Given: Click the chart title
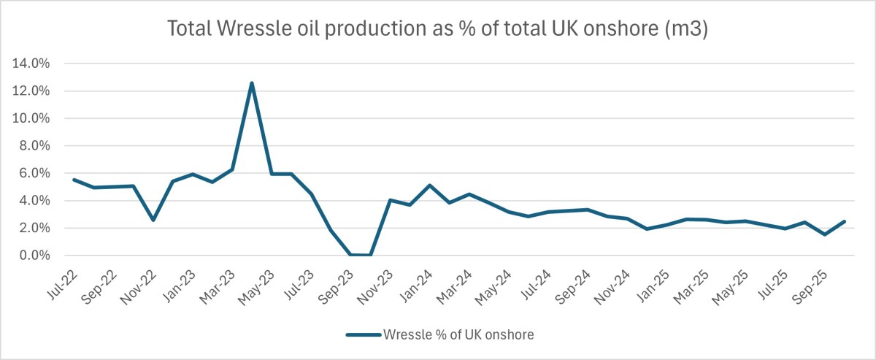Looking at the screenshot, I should tap(438, 29).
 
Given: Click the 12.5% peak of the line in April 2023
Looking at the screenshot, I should tap(252, 83).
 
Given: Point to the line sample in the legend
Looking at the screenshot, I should tap(364, 335).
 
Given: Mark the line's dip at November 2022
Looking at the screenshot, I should tap(153, 220).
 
